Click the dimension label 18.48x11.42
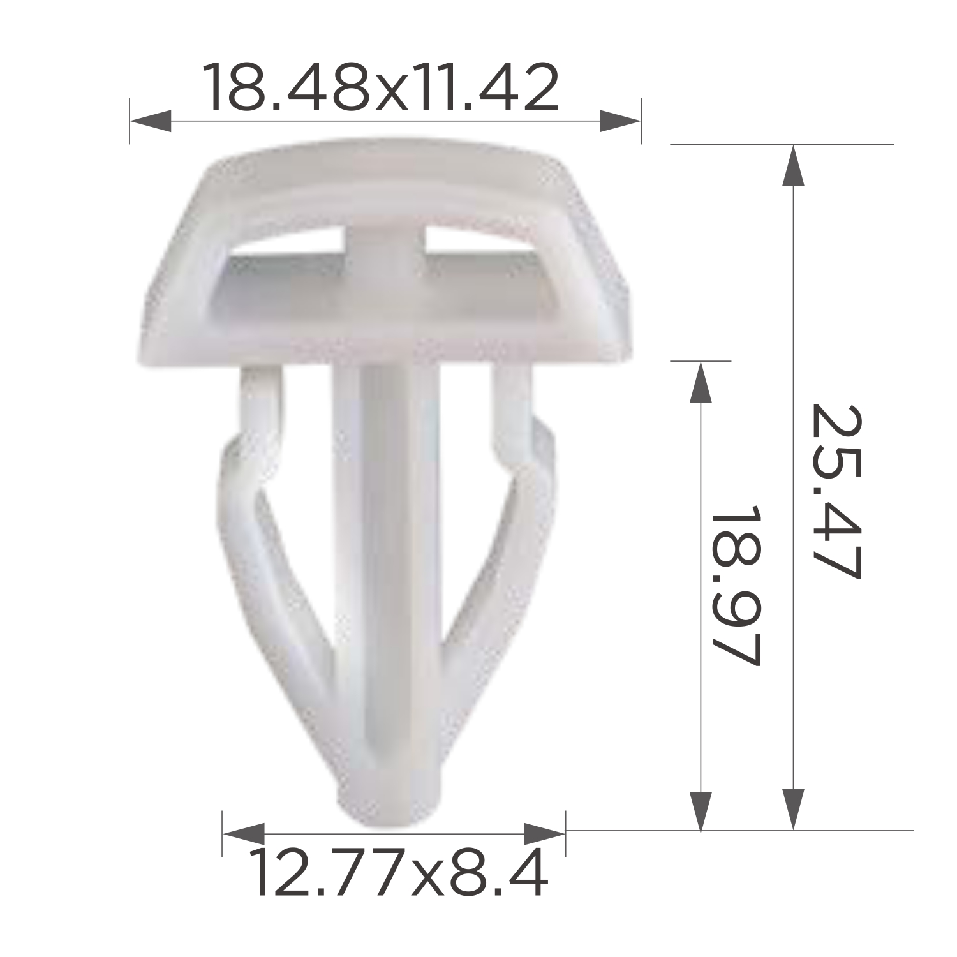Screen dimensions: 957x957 coord(380,87)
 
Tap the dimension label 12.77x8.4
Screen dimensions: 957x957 coord(398,872)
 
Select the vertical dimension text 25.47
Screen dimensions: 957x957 coord(836,491)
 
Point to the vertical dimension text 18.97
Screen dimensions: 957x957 coord(735,585)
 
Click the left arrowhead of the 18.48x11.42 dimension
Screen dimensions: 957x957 coord(150,121)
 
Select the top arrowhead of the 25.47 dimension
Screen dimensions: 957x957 coord(793,165)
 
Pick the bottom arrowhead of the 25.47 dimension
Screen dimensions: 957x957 coord(793,810)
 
